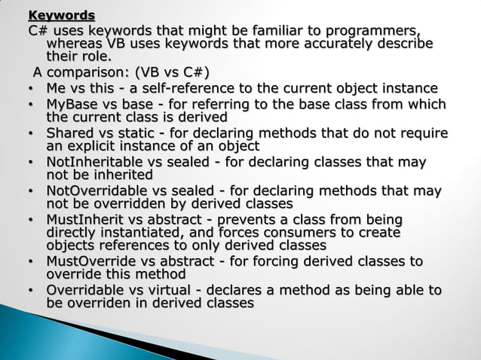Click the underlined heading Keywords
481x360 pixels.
coord(62,15)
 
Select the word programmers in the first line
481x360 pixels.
coord(373,30)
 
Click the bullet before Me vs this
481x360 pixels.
coord(30,90)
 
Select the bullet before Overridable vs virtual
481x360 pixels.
coord(30,291)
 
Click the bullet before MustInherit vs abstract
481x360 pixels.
coord(30,220)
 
